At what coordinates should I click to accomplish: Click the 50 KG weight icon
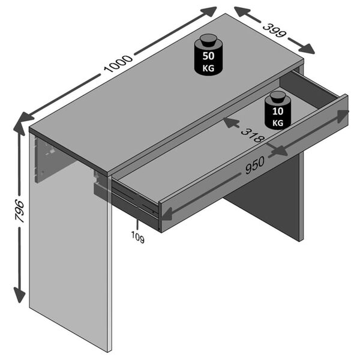(208, 59)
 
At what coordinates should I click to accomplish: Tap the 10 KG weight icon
(277, 114)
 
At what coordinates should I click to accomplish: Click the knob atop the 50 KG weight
(208, 40)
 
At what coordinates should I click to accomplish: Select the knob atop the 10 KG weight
(277, 96)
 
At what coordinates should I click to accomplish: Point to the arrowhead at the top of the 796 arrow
(19, 126)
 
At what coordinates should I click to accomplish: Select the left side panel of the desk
(69, 252)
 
